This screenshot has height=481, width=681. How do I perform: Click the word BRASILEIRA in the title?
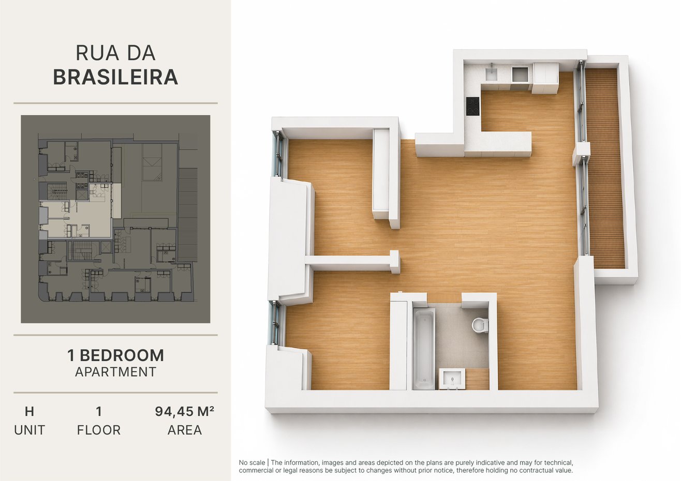click(x=115, y=77)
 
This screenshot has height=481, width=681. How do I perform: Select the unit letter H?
click(x=29, y=411)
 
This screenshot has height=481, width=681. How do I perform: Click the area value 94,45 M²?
click(x=185, y=411)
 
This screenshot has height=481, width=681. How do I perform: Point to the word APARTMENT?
click(x=115, y=372)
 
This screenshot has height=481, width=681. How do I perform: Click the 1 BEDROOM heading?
click(x=115, y=355)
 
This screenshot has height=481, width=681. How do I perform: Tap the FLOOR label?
click(x=99, y=430)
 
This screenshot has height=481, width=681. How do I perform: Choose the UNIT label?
click(x=29, y=430)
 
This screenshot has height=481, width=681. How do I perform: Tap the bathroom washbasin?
click(x=452, y=379)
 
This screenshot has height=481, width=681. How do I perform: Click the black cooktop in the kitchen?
click(x=473, y=106)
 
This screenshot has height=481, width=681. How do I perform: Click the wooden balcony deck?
click(x=604, y=168)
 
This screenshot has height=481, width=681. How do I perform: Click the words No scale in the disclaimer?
click(x=251, y=462)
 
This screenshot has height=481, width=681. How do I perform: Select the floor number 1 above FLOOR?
click(x=98, y=411)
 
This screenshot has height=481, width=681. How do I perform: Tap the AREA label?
click(x=185, y=430)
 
